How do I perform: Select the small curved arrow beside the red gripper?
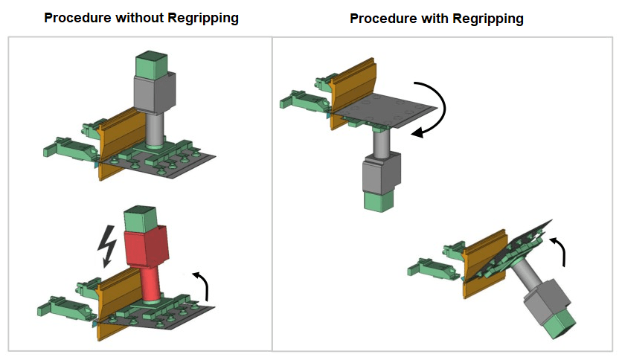click(200, 283)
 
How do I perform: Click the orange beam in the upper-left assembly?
click(120, 141)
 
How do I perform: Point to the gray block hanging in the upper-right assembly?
click(382, 173)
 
